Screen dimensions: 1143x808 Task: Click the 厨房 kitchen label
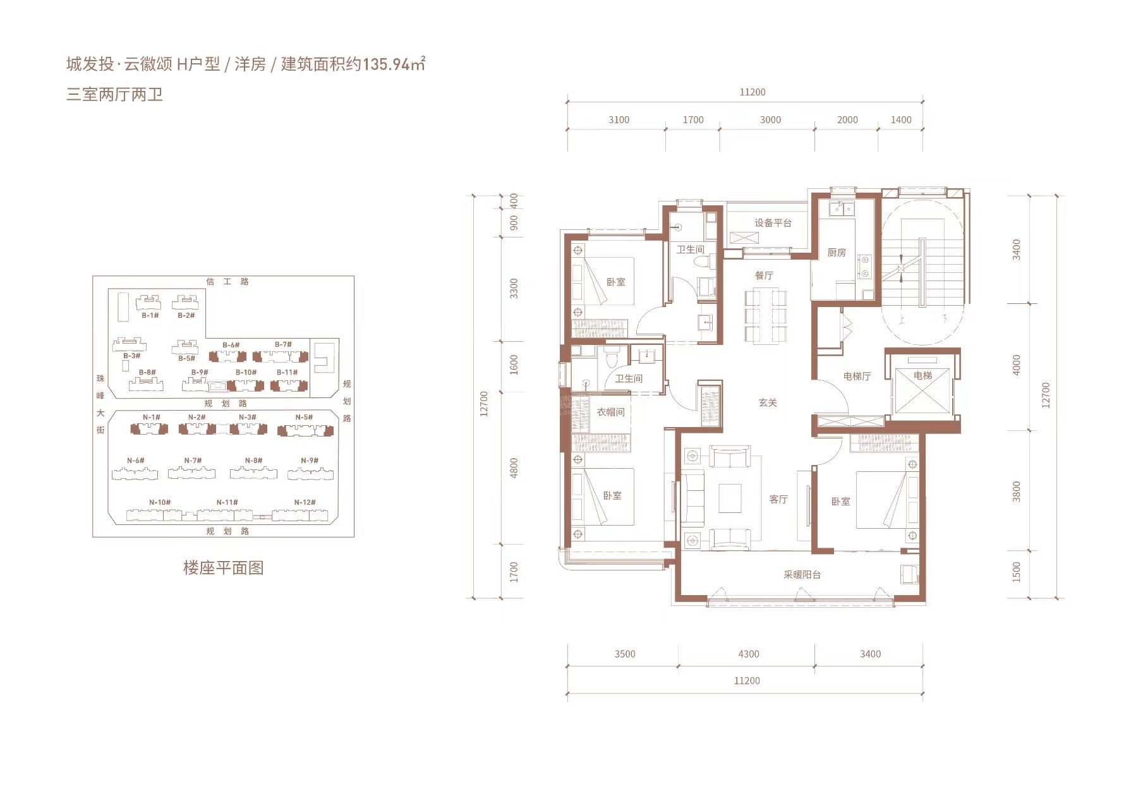[x=836, y=253]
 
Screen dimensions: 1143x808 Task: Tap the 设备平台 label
[x=773, y=223]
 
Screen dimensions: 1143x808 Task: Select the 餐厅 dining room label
[x=764, y=275]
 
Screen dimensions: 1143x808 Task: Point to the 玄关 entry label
[x=768, y=402]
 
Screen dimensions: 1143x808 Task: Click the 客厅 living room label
[x=778, y=499]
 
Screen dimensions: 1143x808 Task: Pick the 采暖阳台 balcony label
[x=802, y=575]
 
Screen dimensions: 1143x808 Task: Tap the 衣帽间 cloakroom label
[x=610, y=412]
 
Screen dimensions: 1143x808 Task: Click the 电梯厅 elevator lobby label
[x=857, y=376]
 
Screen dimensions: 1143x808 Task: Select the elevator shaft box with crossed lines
[x=922, y=390]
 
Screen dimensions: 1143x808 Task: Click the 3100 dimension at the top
[x=619, y=120]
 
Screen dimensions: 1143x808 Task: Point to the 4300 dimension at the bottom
[x=748, y=654]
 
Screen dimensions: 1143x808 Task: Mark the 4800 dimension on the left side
[x=514, y=467]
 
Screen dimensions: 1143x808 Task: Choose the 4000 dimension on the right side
[x=1016, y=365]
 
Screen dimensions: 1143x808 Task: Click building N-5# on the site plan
[x=305, y=430]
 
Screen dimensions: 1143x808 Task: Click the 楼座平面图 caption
[x=223, y=567]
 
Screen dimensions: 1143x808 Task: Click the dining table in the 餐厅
[x=765, y=316]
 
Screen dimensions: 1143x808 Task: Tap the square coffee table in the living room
[x=730, y=498]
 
